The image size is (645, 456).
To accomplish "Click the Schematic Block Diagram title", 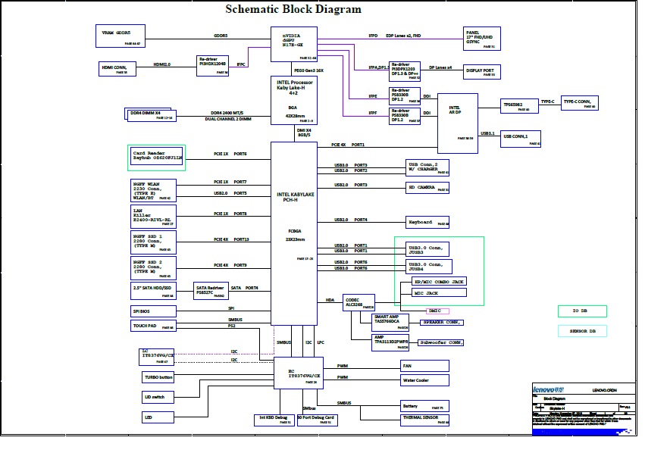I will coord(294,10).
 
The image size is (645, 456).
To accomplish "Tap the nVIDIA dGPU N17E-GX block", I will coord(294,44).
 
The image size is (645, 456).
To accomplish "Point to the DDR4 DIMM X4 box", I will coord(151,114).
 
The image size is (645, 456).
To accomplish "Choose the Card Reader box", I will coord(155,157).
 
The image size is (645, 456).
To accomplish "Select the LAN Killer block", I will coord(152,217).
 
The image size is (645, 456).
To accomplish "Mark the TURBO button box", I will coord(158,376).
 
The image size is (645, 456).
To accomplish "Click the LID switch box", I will coord(158,396).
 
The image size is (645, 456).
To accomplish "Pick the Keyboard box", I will coord(427,222).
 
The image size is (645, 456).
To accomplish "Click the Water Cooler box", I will coord(425,379).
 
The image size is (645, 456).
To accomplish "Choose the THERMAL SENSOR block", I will coord(425,417).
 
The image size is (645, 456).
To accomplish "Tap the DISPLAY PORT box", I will coord(480,72).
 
